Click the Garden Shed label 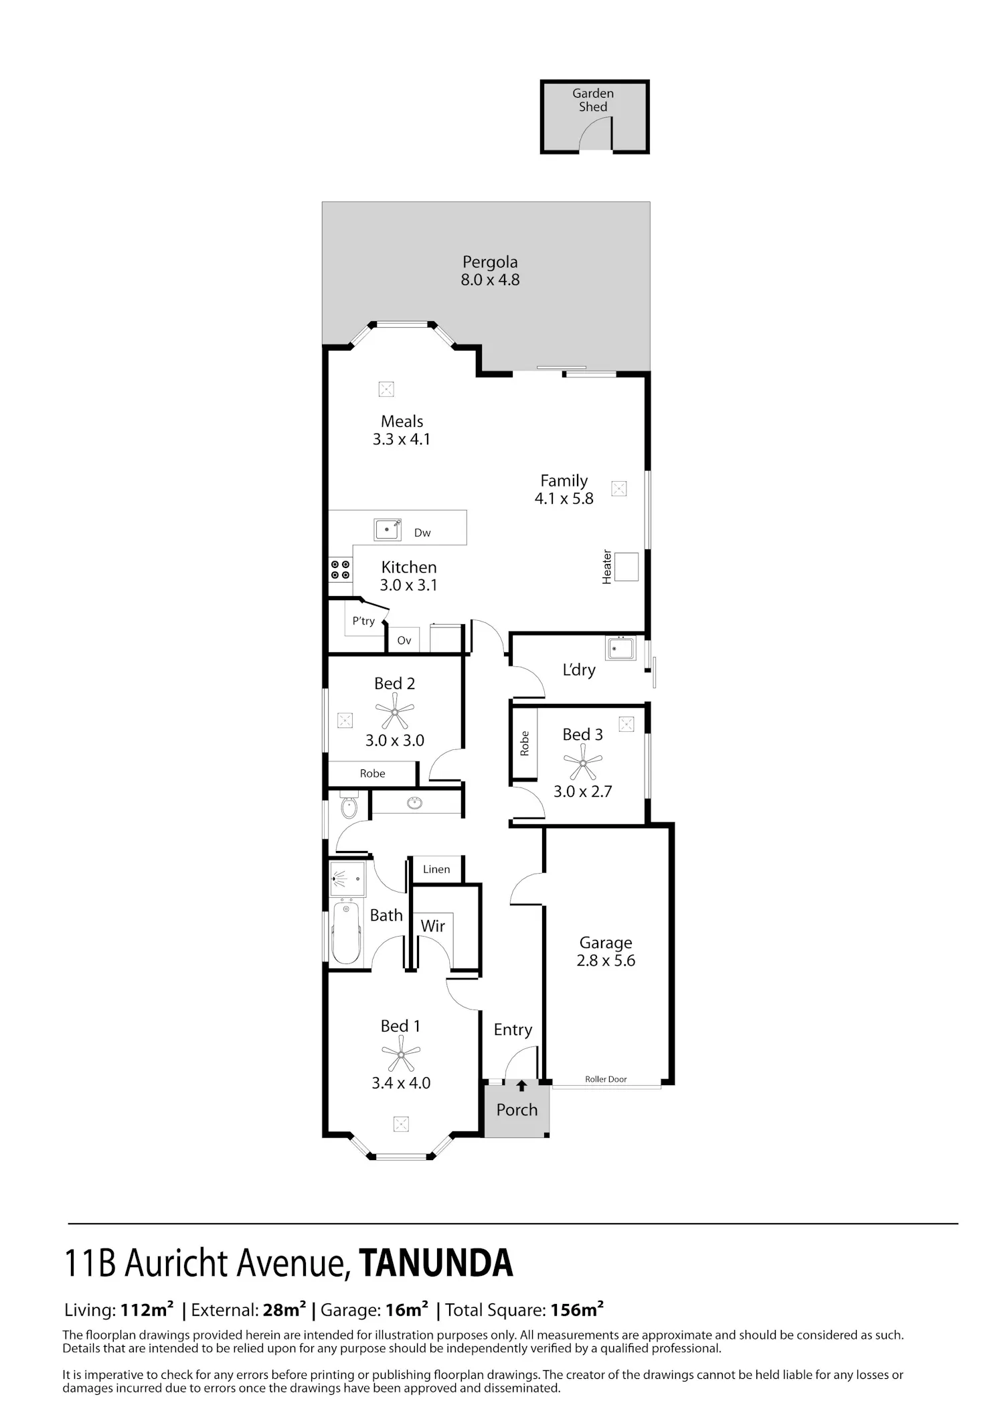[593, 100]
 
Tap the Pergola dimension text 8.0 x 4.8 [490, 280]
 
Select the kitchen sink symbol [388, 529]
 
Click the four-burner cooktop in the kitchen [340, 569]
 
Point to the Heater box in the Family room [626, 567]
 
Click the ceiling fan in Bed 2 [394, 711]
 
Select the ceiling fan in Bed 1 [400, 1054]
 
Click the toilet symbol [349, 806]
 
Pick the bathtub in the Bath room [346, 933]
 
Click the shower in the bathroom [347, 878]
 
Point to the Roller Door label [606, 1079]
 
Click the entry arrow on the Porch [521, 1086]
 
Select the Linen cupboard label [436, 869]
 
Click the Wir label [432, 926]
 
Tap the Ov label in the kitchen [404, 640]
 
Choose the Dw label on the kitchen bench [422, 533]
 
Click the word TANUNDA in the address [436, 1263]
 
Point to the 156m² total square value [577, 1328]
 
